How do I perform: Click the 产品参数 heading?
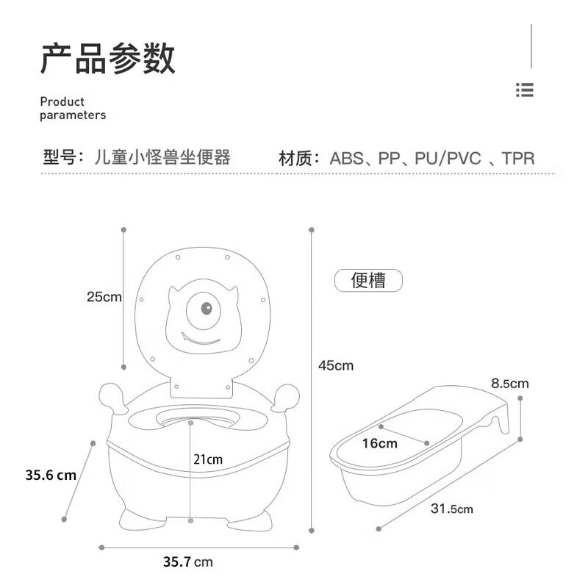point(107,59)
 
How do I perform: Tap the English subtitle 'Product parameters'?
point(73,108)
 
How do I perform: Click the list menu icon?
point(524,90)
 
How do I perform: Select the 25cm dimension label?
point(104,297)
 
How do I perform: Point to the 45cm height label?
point(336,365)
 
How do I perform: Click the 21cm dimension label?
point(208,459)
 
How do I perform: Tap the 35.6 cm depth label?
point(51,475)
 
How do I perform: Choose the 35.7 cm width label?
point(188,562)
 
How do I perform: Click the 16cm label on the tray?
point(379,443)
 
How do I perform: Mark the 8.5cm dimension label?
point(510,383)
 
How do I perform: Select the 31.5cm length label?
point(452,509)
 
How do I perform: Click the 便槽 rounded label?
point(368,281)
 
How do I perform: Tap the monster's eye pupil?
point(207,308)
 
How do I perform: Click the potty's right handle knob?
point(286,398)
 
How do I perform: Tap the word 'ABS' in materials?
point(346,158)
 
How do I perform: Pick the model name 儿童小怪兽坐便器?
point(162,157)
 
